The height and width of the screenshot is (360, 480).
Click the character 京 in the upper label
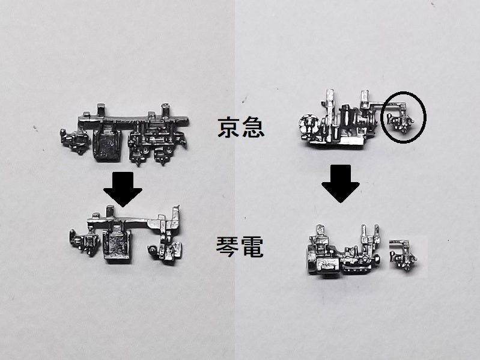click(229, 128)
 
